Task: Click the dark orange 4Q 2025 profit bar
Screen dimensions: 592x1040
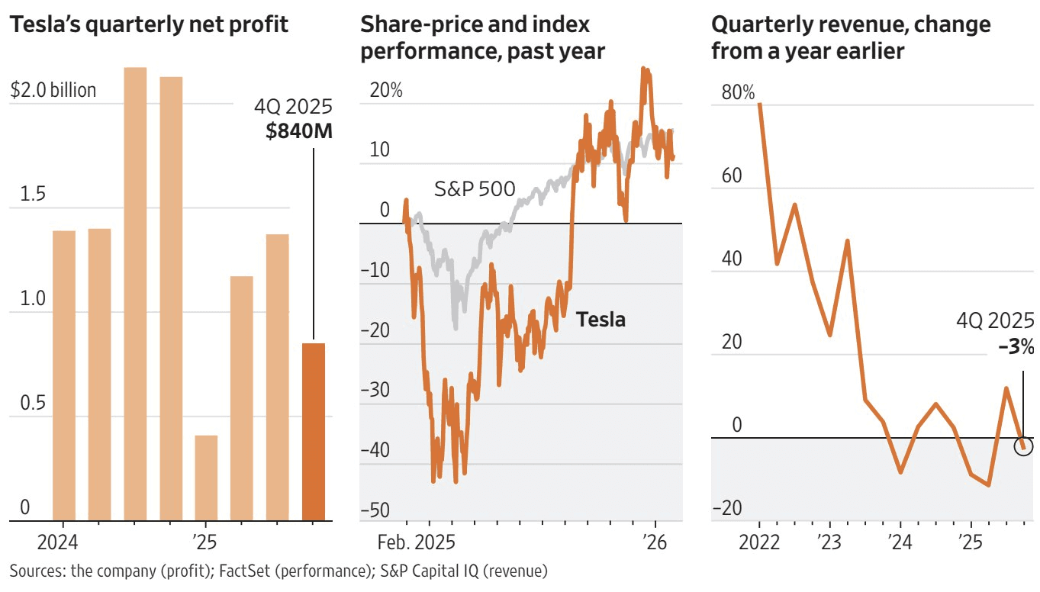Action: click(314, 432)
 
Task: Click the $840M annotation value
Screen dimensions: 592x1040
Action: click(299, 131)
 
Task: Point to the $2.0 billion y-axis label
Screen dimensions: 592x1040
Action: click(53, 91)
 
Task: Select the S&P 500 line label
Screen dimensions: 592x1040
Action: click(475, 188)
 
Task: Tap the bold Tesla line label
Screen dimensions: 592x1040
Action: click(600, 319)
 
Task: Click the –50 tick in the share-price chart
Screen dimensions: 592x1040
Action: click(374, 510)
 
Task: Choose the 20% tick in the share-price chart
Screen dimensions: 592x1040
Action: click(386, 90)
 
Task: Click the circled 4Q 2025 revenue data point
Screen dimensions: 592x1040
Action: click(1023, 446)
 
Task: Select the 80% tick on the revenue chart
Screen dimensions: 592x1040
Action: click(737, 93)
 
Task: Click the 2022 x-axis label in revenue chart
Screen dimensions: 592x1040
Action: click(759, 544)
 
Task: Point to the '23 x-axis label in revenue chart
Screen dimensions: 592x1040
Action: click(829, 544)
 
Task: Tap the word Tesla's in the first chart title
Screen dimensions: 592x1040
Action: click(43, 24)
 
